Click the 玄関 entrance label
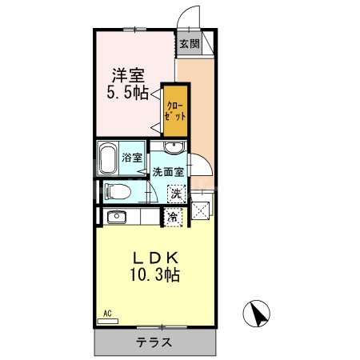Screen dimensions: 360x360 tap(189, 44)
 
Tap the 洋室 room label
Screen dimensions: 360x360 tap(128, 76)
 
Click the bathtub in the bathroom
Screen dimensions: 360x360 tap(108, 158)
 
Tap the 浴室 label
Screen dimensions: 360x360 tap(132, 158)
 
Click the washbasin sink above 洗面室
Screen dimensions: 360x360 tap(174, 147)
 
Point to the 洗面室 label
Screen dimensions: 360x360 tap(169, 171)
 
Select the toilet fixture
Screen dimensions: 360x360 tap(118, 192)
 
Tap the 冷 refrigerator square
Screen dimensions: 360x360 tap(174, 216)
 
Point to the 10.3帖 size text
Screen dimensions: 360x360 tap(155, 275)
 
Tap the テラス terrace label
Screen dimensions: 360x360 tap(154, 343)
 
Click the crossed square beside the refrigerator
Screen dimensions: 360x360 tap(201, 212)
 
